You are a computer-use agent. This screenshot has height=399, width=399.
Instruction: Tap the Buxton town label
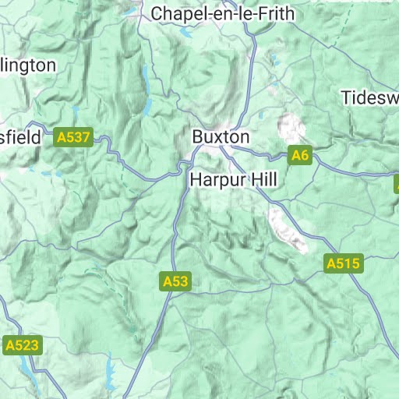[x=221, y=136]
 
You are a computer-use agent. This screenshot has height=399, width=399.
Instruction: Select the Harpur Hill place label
[x=233, y=180]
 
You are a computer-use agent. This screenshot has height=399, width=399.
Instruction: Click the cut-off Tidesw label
[x=369, y=97]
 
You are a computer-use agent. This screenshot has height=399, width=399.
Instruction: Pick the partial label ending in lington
[x=28, y=65]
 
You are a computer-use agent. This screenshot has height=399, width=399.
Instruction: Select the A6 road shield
[x=300, y=155]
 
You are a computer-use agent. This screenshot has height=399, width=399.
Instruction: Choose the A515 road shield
[x=343, y=264]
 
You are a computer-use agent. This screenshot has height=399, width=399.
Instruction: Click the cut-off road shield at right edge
[x=395, y=184]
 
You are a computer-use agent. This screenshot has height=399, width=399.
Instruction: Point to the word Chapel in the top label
[x=177, y=13]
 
